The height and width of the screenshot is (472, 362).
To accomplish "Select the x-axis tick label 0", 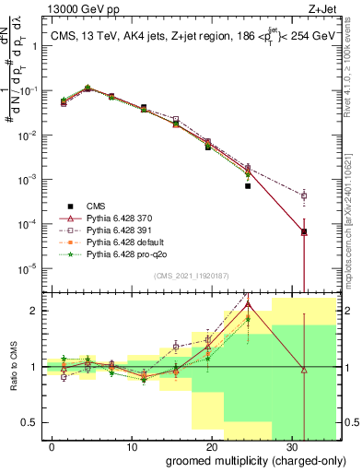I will pos(53,445).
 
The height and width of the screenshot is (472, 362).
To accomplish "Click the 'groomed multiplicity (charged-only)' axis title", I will pos(244,460).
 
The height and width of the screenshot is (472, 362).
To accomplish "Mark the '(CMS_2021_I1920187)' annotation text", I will pos(192,275).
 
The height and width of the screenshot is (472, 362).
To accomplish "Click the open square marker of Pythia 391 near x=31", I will pos(304,195).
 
